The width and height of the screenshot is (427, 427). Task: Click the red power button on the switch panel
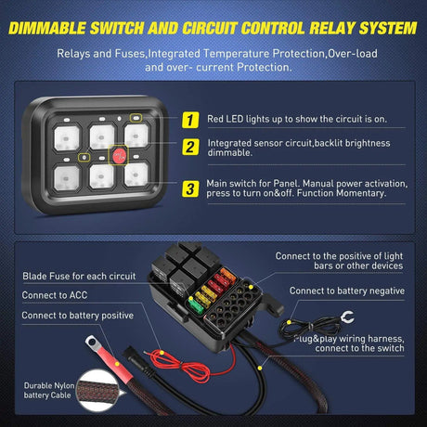[120, 153]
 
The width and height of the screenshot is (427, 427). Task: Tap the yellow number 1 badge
[189, 120]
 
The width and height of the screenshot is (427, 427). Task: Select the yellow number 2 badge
[189, 146]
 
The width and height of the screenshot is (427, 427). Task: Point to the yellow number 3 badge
[189, 188]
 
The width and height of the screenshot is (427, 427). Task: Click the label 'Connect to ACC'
[55, 295]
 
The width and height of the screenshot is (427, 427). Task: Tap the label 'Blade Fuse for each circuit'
[78, 276]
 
